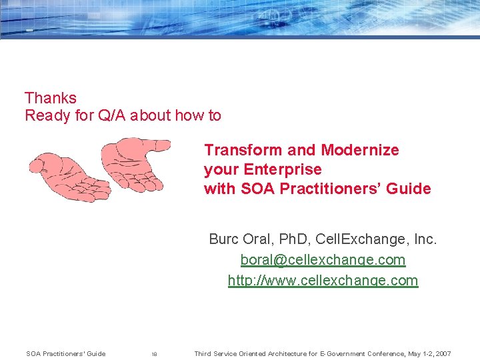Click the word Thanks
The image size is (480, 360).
(51, 98)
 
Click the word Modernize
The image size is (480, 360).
(359, 150)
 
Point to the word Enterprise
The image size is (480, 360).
(283, 169)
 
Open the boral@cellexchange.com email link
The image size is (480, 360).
(323, 259)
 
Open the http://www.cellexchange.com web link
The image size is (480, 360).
(323, 281)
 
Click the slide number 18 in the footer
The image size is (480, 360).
(154, 354)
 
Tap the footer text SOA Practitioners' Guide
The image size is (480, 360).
(65, 353)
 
